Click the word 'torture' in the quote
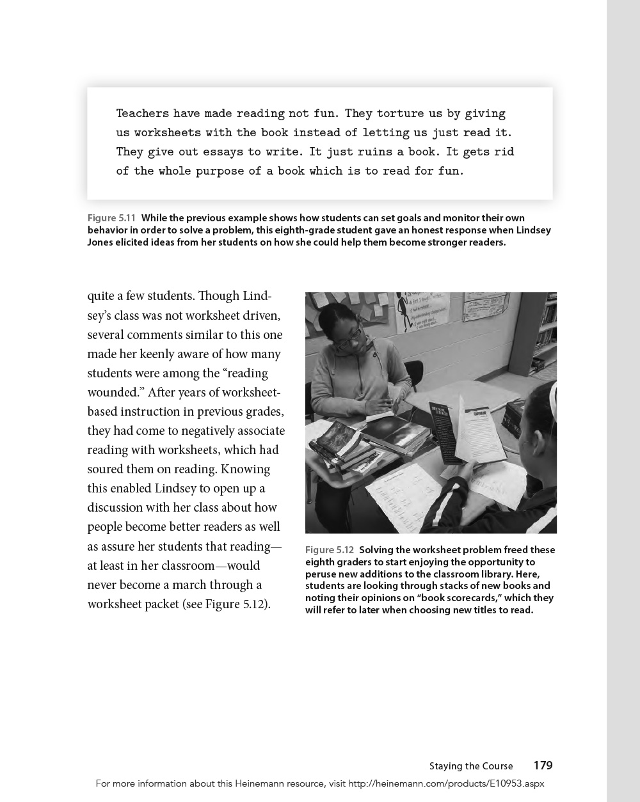tap(400, 113)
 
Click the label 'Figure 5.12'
tap(329, 550)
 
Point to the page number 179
tap(543, 766)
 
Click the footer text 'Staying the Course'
tap(471, 766)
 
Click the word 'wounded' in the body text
tap(112, 392)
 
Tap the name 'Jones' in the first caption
tap(101, 242)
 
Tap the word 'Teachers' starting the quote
tap(143, 113)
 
